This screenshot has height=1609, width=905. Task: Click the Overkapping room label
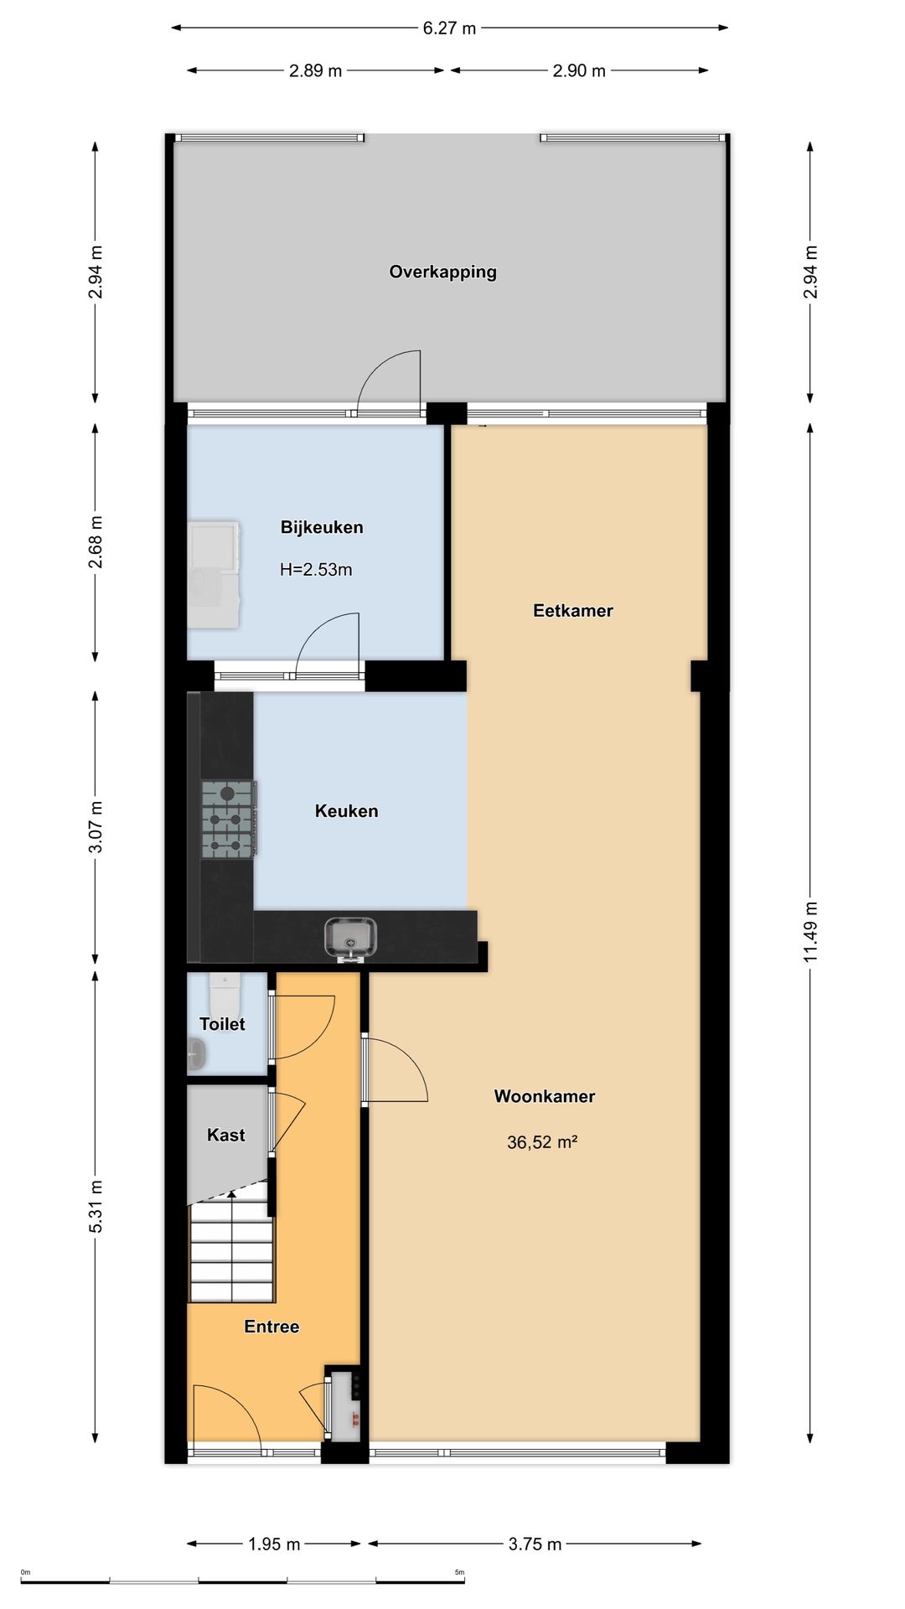442,272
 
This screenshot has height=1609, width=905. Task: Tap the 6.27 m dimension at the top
449,28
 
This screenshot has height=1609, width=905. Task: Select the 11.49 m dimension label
809,932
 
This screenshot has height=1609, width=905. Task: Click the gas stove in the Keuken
228,819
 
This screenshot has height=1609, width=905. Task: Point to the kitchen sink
350,937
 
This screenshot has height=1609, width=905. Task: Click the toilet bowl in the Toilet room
225,993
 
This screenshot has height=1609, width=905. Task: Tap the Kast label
225,1135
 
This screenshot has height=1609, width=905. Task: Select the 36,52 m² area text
542,1142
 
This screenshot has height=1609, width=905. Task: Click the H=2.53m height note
316,570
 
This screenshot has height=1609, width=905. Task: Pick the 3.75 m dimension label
535,1544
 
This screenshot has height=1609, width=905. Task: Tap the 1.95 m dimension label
274,1544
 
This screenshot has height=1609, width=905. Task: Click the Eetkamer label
573,610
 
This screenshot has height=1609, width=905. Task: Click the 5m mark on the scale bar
459,1573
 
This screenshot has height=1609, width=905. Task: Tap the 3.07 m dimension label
96,826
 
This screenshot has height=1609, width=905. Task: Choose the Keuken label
346,810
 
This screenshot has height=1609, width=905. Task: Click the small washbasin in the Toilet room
196,1054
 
